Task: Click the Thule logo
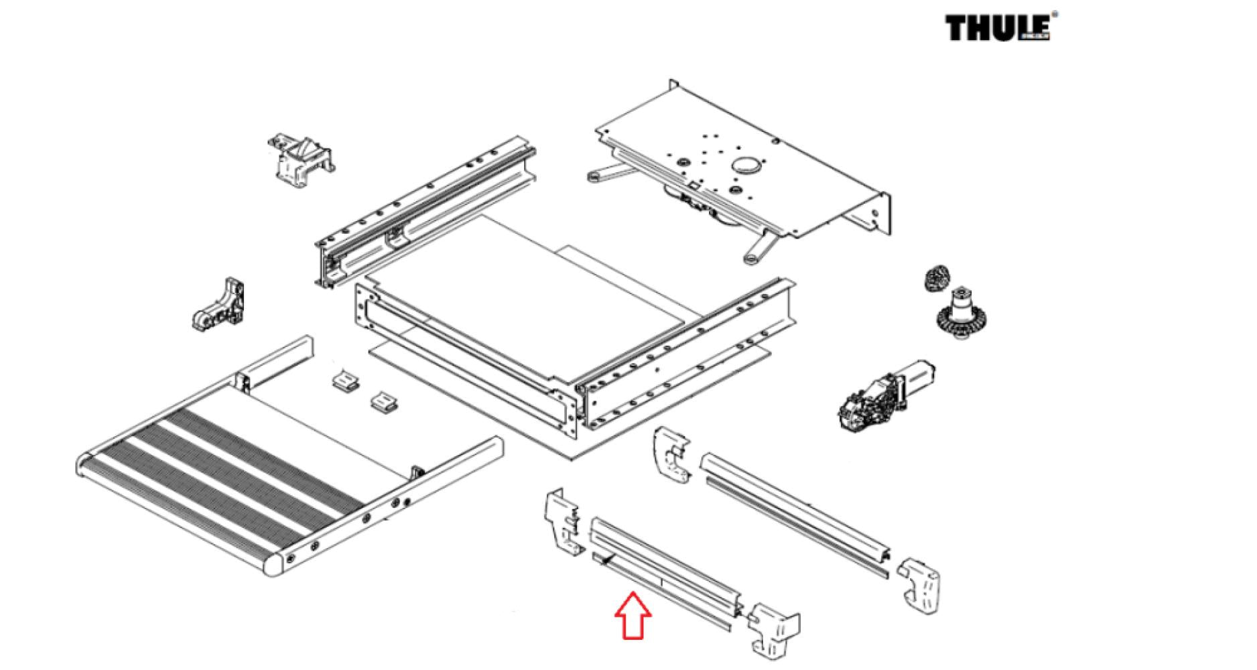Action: point(997,28)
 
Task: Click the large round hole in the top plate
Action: point(748,165)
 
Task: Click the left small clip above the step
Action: point(344,381)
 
